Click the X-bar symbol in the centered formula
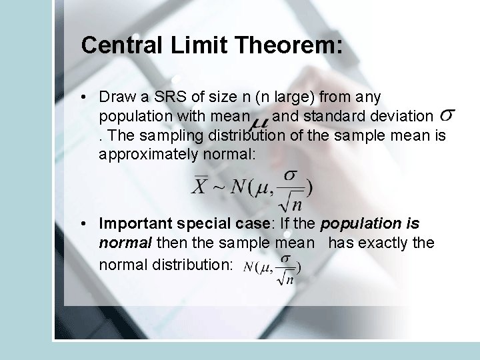click(199, 186)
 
